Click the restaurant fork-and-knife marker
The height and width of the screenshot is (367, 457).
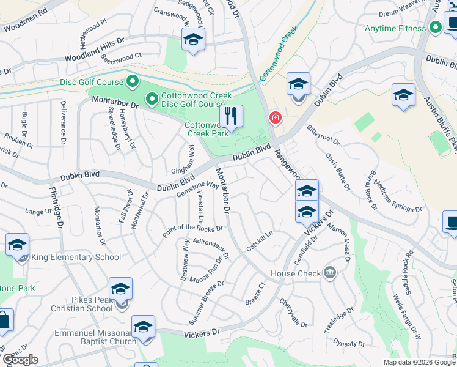click(x=231, y=116)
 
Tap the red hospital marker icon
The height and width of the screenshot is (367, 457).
click(x=275, y=117)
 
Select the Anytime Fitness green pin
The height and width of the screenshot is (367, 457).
click(x=435, y=28)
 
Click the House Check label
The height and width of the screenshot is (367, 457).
click(x=296, y=273)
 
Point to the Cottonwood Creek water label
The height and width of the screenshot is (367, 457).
click(x=279, y=54)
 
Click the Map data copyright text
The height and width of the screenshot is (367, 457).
click(x=419, y=362)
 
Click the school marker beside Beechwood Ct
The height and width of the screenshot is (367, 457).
click(x=193, y=40)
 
